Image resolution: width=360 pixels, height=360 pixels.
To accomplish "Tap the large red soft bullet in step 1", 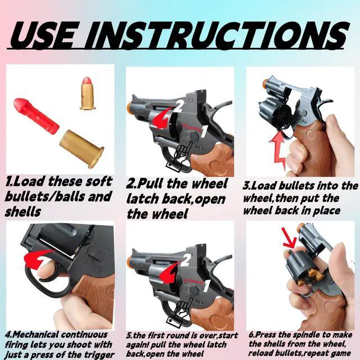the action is (36, 116).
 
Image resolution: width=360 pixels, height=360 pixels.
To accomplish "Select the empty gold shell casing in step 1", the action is (82, 148).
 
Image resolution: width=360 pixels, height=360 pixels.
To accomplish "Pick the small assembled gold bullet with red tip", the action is (88, 93).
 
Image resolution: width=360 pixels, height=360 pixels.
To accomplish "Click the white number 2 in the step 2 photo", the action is (179, 106).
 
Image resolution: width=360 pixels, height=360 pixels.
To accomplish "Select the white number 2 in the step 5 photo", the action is (186, 260).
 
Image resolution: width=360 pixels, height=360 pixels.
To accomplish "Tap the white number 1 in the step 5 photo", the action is (206, 286).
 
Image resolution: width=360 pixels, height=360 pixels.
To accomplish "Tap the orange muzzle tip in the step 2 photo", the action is (129, 107).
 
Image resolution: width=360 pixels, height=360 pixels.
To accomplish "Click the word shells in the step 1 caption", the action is (22, 211).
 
